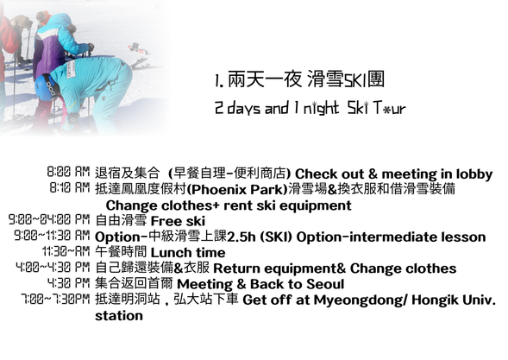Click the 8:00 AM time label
(70, 172)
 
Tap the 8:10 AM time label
(70, 187)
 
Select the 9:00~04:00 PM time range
(49, 220)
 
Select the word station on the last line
(119, 316)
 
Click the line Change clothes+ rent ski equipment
(229, 205)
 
